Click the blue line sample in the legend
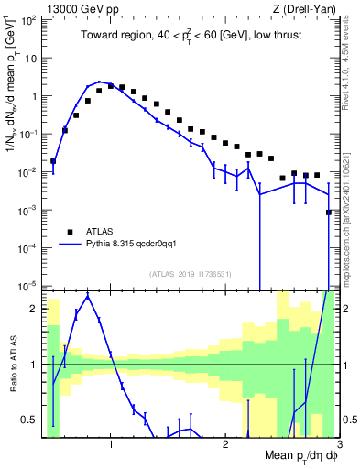click(68, 244)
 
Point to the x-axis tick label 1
click(111, 444)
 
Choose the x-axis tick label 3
click(338, 444)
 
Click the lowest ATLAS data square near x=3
click(329, 212)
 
